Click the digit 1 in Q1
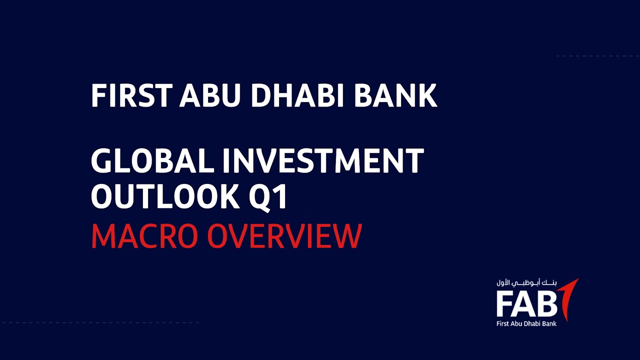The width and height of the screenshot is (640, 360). (x=282, y=195)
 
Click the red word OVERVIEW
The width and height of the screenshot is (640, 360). (x=284, y=236)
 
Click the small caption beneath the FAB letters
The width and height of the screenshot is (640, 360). (x=526, y=323)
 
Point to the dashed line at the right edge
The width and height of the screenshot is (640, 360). (x=598, y=56)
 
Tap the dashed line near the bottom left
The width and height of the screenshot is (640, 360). (x=100, y=322)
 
